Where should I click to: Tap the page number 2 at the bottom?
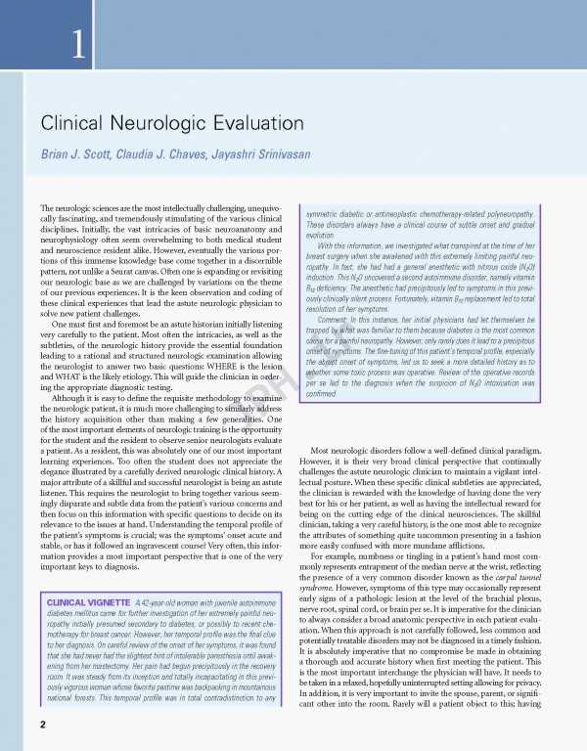click(43, 726)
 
